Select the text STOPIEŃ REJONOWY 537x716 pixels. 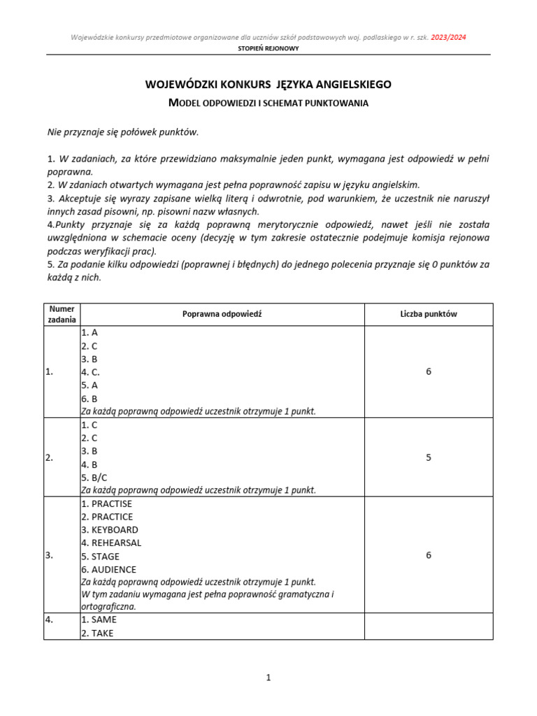[268, 49]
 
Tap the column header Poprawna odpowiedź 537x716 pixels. [222, 314]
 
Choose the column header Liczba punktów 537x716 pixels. [428, 314]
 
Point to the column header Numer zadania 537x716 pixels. [62, 314]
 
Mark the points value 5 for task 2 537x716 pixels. [428, 457]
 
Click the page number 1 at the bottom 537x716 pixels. [268, 678]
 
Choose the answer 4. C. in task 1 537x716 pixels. [91, 372]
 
